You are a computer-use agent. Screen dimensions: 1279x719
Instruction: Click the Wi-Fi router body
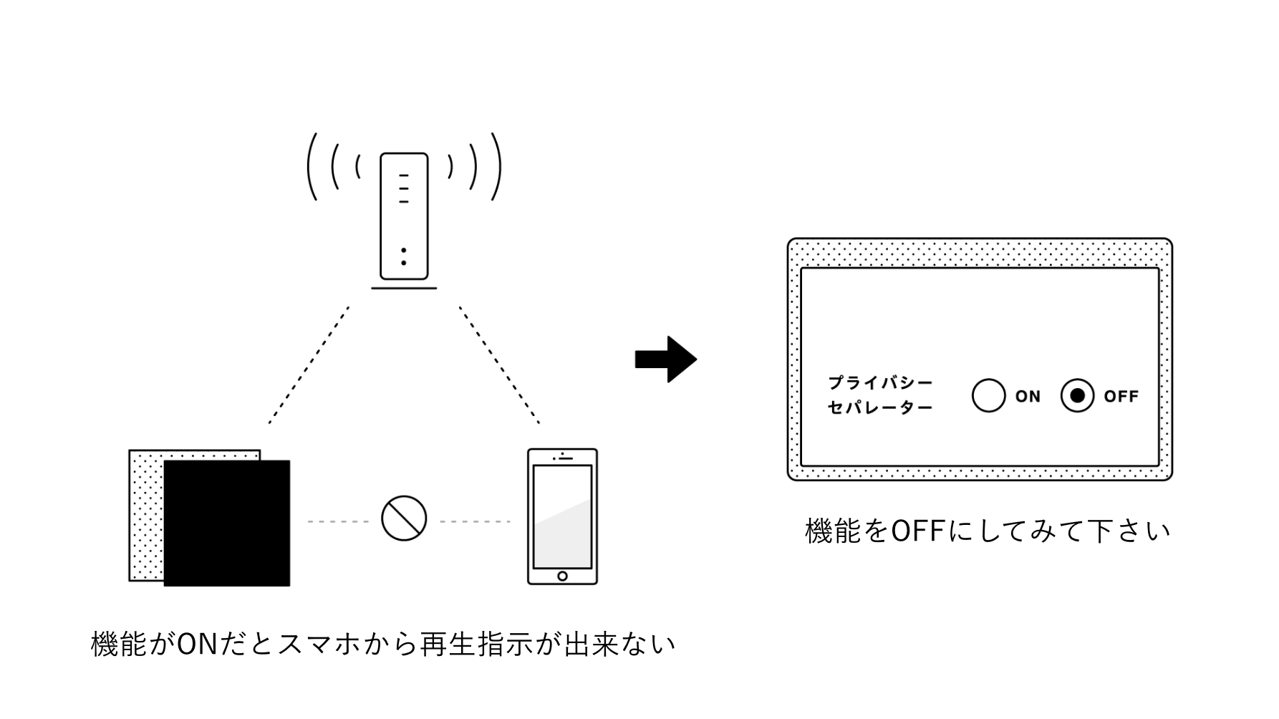(x=404, y=216)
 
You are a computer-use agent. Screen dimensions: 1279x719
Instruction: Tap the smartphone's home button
(x=562, y=576)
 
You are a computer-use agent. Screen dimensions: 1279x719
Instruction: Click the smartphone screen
(x=562, y=516)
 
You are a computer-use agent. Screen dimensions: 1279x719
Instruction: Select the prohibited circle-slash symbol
(x=404, y=518)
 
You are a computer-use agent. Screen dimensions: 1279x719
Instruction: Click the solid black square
(x=227, y=523)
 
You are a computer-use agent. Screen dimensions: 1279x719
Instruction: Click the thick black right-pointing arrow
(x=666, y=359)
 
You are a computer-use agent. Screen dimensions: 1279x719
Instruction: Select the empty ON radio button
(x=988, y=395)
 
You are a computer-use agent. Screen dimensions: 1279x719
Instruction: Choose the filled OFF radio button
(x=1077, y=395)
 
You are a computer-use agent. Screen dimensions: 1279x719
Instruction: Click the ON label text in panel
(x=1028, y=396)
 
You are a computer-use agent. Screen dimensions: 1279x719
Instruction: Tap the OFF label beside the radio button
(x=1121, y=396)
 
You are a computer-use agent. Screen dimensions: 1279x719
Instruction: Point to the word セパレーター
(x=880, y=408)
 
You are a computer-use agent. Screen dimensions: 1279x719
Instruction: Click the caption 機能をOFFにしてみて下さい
(x=988, y=531)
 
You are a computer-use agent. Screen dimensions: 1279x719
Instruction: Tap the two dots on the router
(x=404, y=256)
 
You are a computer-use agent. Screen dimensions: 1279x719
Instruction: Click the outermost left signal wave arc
(x=311, y=166)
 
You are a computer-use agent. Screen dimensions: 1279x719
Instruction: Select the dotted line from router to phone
(x=499, y=365)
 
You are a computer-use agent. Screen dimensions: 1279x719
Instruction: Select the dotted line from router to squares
(x=309, y=365)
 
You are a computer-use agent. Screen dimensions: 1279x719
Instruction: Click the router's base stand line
(x=404, y=289)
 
